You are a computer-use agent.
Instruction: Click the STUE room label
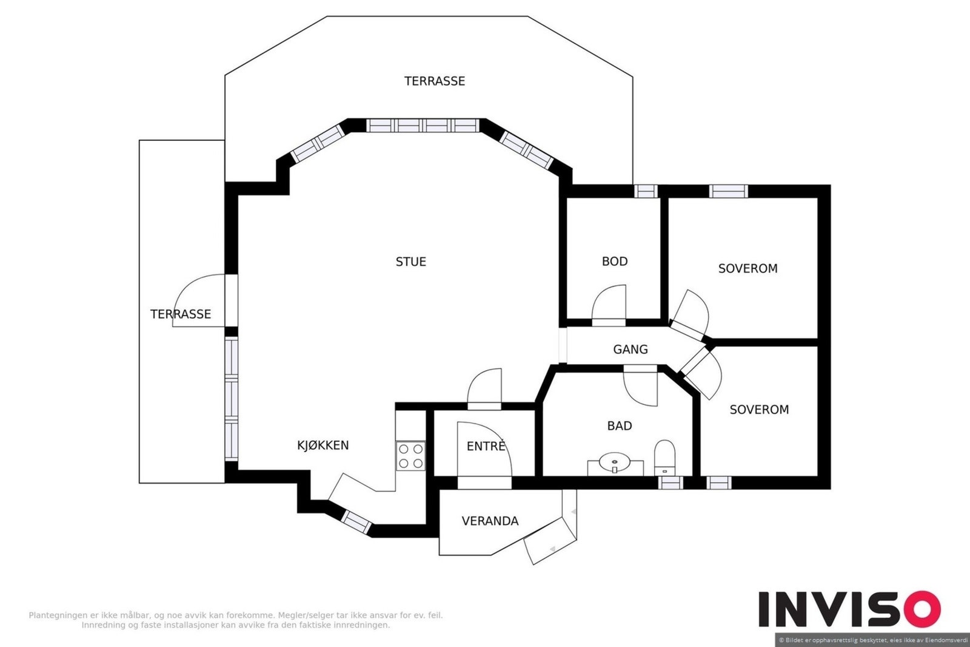tap(410, 262)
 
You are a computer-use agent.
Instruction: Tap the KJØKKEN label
tap(323, 445)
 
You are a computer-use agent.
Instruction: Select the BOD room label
tap(615, 261)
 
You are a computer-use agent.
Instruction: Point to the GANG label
tap(630, 349)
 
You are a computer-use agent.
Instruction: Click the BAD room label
tap(619, 426)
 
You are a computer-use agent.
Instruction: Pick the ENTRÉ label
tap(486, 445)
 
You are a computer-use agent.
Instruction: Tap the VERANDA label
tap(490, 521)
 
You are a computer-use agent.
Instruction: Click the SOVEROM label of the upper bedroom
tap(748, 268)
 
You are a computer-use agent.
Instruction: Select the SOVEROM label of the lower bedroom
tap(759, 409)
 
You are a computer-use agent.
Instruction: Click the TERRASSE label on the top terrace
tap(434, 81)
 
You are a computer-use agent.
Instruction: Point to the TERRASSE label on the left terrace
tap(181, 314)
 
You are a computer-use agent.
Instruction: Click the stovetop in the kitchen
tap(410, 456)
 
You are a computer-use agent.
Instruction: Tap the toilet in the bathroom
tap(664, 458)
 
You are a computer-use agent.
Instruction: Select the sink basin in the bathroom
tap(615, 462)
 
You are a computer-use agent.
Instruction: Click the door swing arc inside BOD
tap(609, 302)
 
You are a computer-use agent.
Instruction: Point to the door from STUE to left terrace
tap(199, 300)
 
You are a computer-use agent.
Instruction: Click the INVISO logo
tap(849, 609)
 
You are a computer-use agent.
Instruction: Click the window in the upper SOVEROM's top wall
tap(728, 191)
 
